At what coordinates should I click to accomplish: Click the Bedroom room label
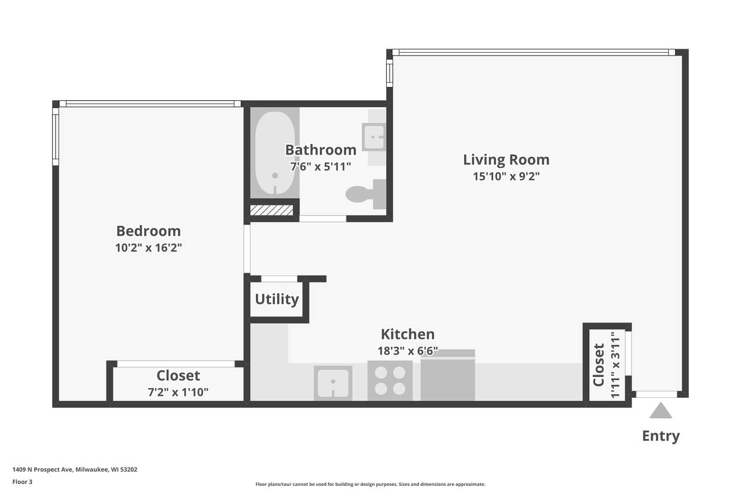point(149,231)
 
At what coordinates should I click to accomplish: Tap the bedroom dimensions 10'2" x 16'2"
point(149,247)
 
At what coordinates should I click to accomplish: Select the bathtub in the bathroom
point(274,153)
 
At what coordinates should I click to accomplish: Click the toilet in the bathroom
point(366,194)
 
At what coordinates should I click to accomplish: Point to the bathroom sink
point(374,137)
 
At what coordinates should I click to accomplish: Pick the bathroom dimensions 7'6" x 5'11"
point(320,166)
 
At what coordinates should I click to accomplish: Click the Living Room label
point(506,160)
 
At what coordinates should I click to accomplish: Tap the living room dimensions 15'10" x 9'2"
point(506,177)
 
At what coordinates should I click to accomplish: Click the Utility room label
point(277,299)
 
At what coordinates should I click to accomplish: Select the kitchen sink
point(333,383)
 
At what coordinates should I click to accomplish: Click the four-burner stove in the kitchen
point(390,381)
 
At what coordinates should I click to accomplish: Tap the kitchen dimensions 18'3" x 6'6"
point(408,351)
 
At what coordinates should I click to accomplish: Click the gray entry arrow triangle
point(661,411)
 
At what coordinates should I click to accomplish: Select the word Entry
point(661,436)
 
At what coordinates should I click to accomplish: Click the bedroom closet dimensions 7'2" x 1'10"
point(178,392)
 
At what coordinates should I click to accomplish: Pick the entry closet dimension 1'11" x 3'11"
point(615,365)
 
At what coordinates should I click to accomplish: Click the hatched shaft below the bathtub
point(272,210)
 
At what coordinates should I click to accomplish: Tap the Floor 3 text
point(23,482)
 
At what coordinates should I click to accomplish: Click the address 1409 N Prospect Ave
point(43,470)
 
